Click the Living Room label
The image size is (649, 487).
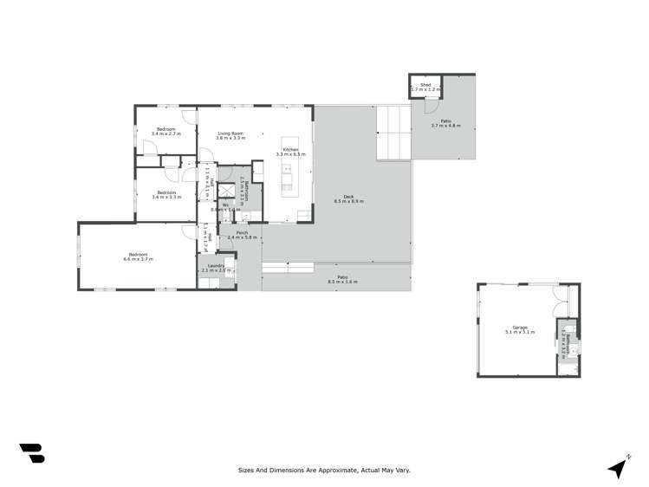pos(230,133)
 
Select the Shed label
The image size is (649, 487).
pos(425,84)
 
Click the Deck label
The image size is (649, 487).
pos(348,197)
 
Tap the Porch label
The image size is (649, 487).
pos(243,232)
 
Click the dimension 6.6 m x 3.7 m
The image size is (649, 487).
pos(138,259)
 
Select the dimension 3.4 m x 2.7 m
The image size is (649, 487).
pos(165,134)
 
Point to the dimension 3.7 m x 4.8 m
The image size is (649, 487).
pos(445,127)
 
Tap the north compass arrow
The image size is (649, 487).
pos(618,467)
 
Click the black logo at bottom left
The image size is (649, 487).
pos(31,452)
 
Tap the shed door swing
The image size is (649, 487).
pos(430,99)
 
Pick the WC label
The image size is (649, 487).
pos(224,205)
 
